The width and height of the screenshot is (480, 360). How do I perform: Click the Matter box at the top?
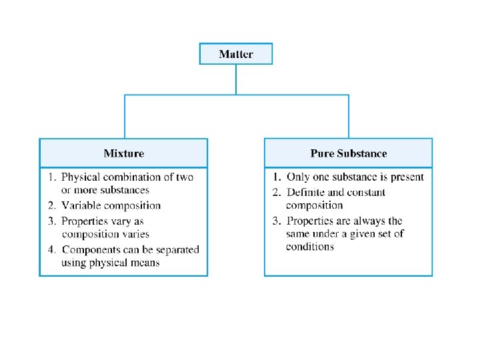[236, 53]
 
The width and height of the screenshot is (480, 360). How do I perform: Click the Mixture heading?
[123, 153]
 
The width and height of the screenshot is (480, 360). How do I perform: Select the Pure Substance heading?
[348, 153]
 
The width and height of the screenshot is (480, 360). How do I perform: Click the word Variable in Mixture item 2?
[81, 206]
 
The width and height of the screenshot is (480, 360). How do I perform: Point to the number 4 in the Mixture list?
[51, 249]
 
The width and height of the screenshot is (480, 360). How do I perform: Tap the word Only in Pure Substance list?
[298, 177]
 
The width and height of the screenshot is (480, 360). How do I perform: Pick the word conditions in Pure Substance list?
[310, 247]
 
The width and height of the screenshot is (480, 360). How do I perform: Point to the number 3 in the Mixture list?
[51, 221]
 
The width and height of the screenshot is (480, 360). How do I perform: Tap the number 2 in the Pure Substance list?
[276, 193]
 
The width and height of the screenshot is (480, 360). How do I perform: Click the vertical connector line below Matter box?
[236, 79]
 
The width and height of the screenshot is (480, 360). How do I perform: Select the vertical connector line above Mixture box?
[124, 117]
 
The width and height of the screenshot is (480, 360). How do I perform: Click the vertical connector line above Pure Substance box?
[348, 117]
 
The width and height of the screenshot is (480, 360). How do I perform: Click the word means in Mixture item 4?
[145, 262]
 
